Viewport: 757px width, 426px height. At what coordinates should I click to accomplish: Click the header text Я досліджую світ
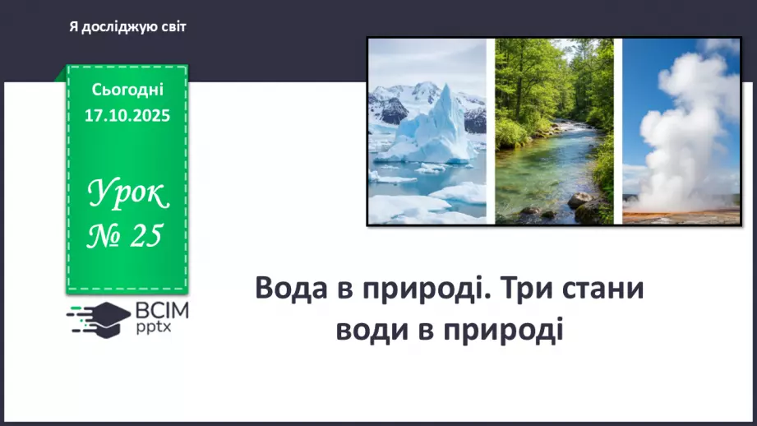[x=127, y=27]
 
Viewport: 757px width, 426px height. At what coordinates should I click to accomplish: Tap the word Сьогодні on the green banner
[x=127, y=89]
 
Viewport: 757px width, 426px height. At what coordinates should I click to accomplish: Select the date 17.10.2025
[x=127, y=116]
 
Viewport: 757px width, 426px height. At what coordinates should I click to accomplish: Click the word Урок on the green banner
[x=127, y=194]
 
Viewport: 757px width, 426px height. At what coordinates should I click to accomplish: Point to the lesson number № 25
[x=127, y=236]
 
